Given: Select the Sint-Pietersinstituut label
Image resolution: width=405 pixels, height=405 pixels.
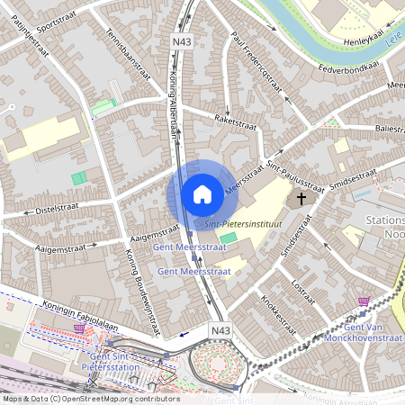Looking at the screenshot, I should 244,222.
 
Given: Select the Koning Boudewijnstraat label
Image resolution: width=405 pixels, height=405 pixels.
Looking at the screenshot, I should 140,288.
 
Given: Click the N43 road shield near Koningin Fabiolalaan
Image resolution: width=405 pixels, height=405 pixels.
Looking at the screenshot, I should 221,331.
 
